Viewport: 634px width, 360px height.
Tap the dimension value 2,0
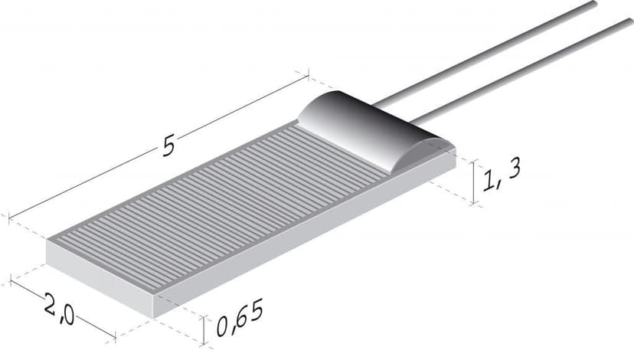(x=58, y=308)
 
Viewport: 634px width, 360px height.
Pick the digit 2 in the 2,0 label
(x=51, y=304)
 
